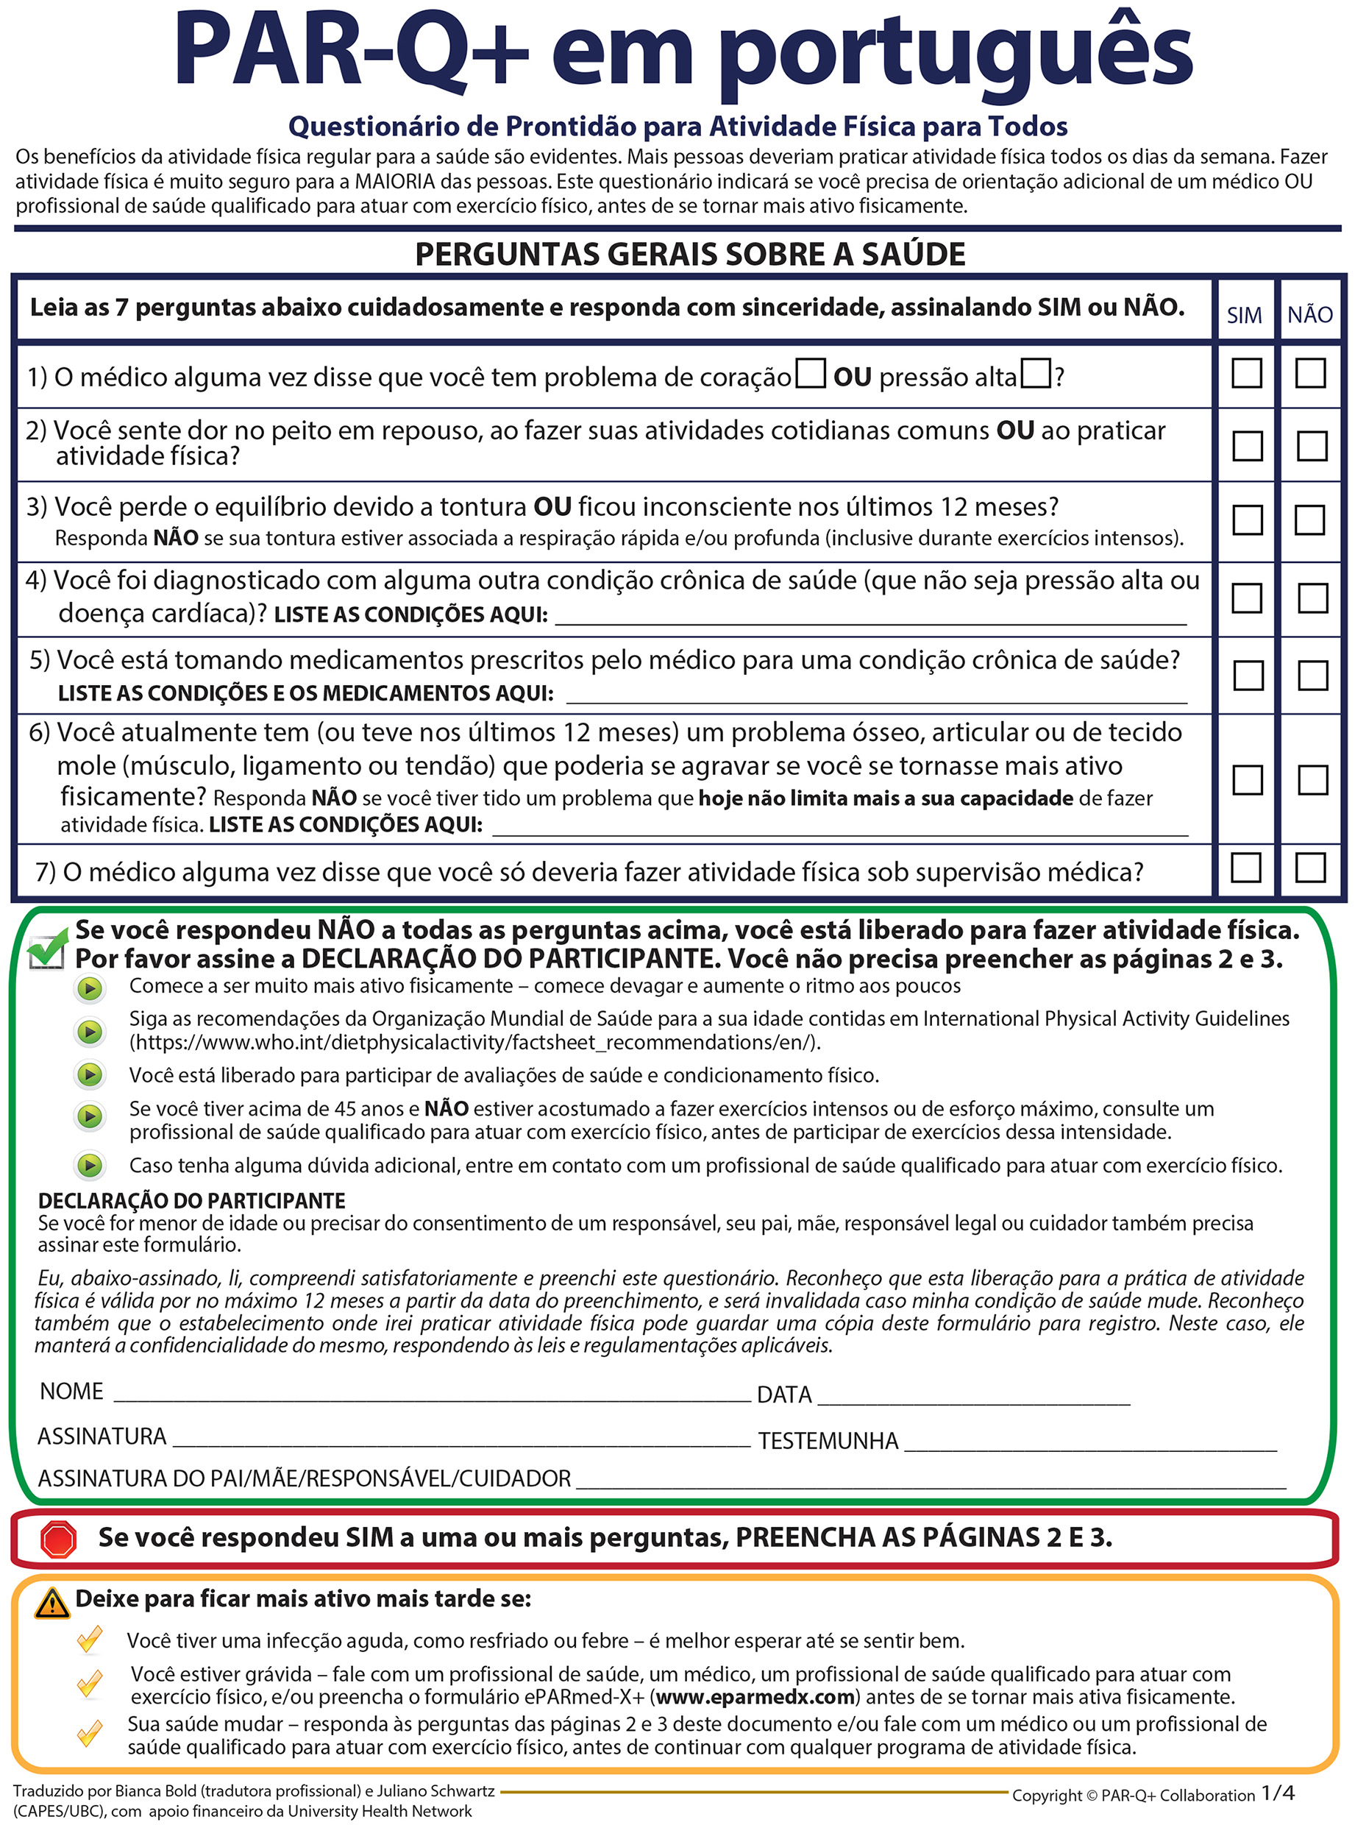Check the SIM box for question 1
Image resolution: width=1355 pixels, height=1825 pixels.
pos(1246,372)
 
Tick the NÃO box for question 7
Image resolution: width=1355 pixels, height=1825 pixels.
pos(1310,867)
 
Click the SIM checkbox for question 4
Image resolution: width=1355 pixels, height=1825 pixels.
pos(1247,598)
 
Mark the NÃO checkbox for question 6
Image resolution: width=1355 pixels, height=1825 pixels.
pos(1312,779)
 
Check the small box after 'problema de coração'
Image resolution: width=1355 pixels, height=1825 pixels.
pos(811,373)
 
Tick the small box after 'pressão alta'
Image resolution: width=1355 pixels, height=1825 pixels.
pos(1036,373)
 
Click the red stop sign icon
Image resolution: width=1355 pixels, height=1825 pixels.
pos(58,1539)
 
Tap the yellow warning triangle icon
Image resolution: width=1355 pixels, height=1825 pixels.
pos(52,1602)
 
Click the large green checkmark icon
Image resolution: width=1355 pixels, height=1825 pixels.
pos(47,949)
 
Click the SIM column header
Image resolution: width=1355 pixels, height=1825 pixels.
pos(1243,315)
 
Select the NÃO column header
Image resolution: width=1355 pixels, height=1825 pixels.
pos(1310,314)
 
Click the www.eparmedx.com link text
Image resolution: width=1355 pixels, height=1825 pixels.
pos(755,1697)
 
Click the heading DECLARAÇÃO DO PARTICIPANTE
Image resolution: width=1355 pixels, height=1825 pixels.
pos(192,1200)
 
